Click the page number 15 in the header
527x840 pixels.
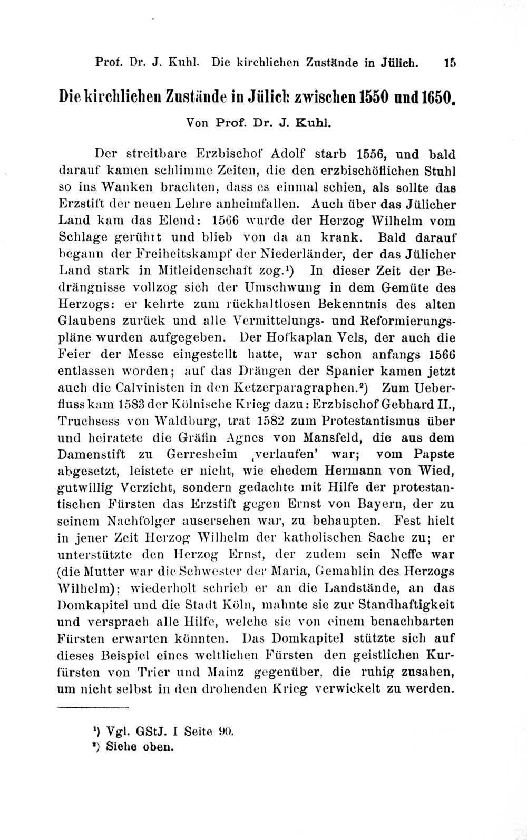[x=450, y=62]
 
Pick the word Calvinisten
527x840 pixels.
[x=148, y=388]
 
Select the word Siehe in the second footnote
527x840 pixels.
[x=121, y=746]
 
